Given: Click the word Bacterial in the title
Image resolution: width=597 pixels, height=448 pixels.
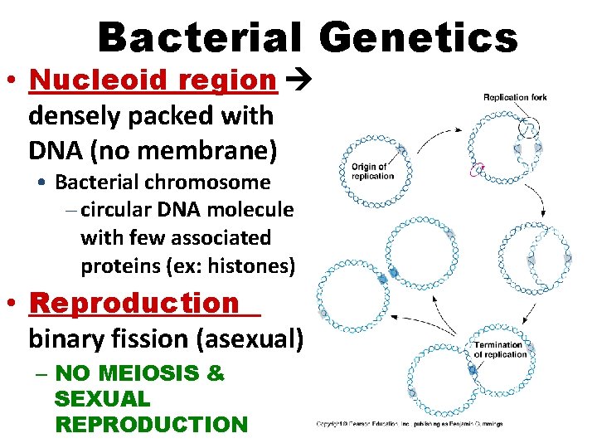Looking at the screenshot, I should point(199,38).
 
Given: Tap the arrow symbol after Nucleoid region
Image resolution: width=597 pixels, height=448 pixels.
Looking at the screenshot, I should point(295,80).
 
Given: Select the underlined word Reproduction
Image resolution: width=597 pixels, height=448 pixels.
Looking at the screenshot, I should point(133,304).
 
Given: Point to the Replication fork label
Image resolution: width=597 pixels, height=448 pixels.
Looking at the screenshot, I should point(515,98).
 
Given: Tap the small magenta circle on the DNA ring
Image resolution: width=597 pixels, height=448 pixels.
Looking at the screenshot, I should point(476,171).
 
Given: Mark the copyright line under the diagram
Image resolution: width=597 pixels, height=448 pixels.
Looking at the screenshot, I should point(410,424).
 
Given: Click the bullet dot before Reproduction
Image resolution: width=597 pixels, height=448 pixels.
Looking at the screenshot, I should point(15,304).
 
